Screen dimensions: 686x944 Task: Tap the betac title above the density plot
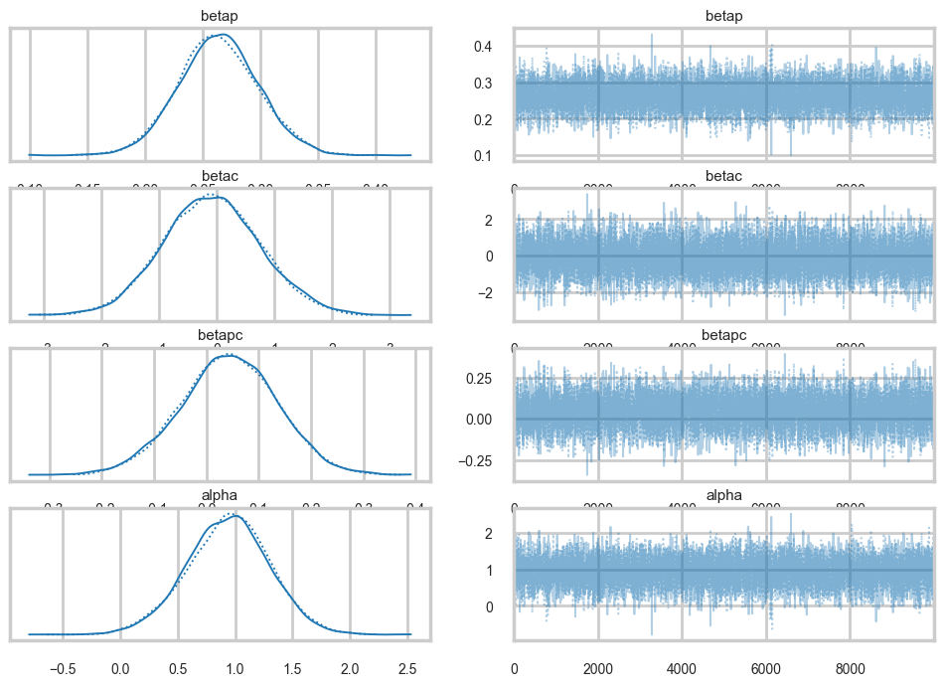pyautogui.click(x=221, y=177)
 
